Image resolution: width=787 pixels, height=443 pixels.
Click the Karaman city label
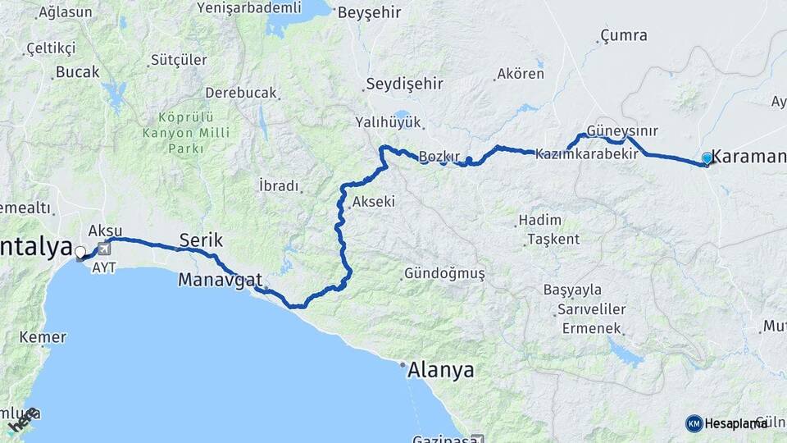coord(748,157)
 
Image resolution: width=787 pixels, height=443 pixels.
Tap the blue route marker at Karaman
coord(707,158)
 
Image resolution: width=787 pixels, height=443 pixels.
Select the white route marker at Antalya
coord(80,252)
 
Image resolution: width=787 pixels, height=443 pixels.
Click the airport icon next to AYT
coord(104,249)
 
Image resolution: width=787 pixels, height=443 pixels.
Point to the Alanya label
coord(442,370)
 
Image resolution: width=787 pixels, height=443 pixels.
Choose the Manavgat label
coord(220,280)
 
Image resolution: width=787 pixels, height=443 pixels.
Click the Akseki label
coord(373,202)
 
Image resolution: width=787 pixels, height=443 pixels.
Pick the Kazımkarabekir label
coord(586,153)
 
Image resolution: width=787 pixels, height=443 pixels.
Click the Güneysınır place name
coord(622,131)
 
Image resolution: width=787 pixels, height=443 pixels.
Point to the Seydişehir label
coord(404,84)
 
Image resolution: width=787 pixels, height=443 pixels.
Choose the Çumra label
coord(624,35)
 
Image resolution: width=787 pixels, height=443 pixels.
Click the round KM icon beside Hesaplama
coord(694,423)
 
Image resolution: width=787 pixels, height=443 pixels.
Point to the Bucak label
coord(77,72)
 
